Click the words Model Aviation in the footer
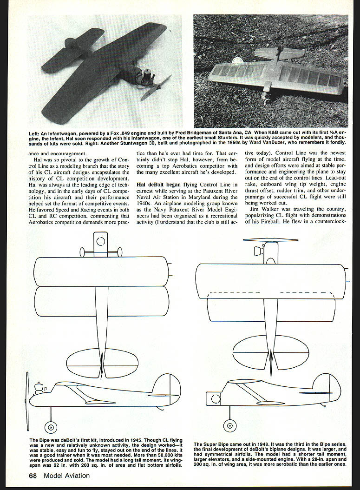67,476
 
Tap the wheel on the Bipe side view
49,426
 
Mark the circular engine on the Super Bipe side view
216,398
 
